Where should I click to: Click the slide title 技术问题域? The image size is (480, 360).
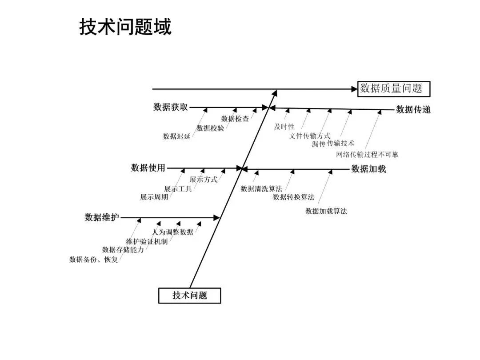click(125, 27)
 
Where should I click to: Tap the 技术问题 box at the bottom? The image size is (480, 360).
click(190, 296)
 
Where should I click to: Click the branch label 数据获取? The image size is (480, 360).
click(171, 108)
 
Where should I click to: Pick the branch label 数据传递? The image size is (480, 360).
click(413, 109)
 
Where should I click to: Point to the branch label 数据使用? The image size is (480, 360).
click(148, 168)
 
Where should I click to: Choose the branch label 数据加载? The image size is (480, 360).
click(368, 169)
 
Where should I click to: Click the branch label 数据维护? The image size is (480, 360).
click(102, 217)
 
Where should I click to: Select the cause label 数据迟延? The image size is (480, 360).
click(176, 136)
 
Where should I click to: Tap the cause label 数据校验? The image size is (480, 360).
click(210, 128)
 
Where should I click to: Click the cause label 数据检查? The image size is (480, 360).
click(235, 119)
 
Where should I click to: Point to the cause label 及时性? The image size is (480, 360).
click(284, 127)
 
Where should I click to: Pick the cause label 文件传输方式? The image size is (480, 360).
click(310, 136)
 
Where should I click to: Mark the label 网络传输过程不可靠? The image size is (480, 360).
click(367, 155)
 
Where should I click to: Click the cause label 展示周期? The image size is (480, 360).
click(154, 197)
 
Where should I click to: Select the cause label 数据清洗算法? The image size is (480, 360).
click(261, 189)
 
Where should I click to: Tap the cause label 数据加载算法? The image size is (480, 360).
click(326, 211)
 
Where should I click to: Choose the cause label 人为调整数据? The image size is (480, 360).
click(172, 232)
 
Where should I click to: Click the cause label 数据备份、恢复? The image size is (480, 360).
click(94, 260)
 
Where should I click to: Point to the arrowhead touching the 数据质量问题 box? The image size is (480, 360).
click(354, 89)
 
